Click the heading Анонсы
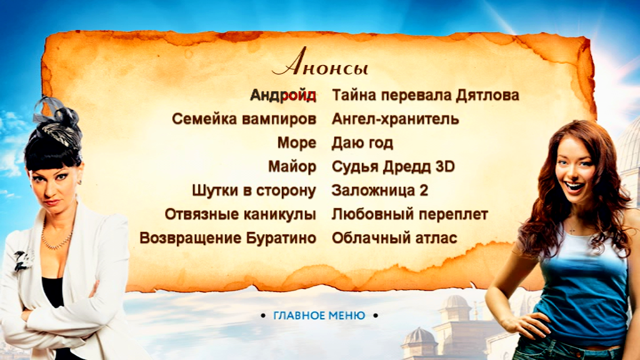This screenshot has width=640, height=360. coord(320,63)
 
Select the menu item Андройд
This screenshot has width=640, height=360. coord(283,95)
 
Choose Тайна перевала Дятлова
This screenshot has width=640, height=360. coord(425,95)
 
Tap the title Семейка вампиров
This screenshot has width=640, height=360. coord(244,119)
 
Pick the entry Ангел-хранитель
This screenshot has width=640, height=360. coord(395,119)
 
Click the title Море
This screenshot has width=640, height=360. coord(297,143)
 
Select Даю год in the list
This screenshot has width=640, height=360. coord(362,143)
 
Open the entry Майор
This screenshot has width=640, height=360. coord(292,166)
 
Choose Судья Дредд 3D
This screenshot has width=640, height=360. coord(393,166)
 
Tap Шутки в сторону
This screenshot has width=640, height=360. coord(254,191)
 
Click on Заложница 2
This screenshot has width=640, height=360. coord(379,190)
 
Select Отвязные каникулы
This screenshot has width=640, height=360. coord(241,214)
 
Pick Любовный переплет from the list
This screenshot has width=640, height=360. coord(410,214)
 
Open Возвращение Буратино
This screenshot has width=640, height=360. coord(227,238)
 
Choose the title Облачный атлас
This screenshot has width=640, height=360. coord(394,238)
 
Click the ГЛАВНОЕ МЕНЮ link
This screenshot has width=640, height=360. coord(319,316)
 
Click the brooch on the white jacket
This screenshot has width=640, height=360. coord(22,260)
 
